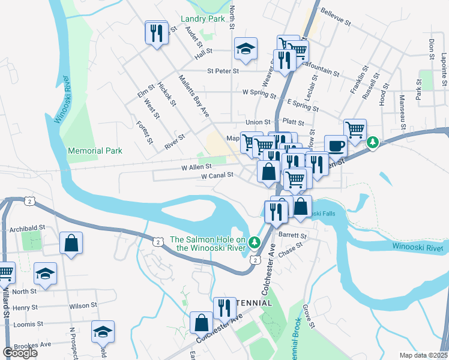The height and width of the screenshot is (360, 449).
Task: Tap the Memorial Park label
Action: [95, 151]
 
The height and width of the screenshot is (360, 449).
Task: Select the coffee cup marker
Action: [336, 146]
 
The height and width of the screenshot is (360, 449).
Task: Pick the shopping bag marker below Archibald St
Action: [71, 244]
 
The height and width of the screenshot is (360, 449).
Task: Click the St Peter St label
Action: [223, 71]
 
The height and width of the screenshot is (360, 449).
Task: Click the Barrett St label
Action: [292, 236]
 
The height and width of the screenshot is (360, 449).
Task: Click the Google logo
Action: [20, 353]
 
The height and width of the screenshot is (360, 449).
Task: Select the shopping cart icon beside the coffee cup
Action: [355, 129]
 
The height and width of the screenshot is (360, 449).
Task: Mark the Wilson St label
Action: [83, 305]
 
